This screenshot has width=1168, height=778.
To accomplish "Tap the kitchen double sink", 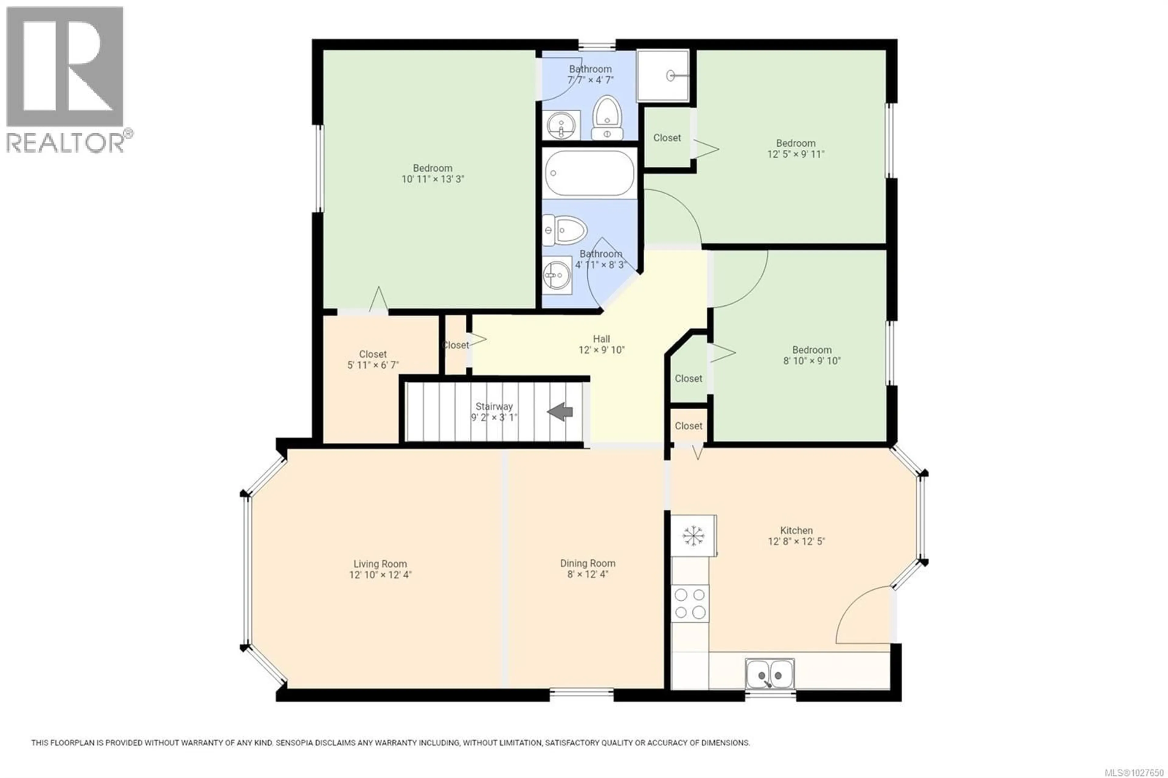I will (x=770, y=674).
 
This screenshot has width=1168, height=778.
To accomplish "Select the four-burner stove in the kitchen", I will (x=690, y=603).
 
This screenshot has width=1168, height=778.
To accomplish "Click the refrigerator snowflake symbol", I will (x=693, y=536).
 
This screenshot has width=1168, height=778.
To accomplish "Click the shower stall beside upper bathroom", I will (x=663, y=75).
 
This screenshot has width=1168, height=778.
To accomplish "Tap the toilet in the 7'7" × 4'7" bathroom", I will (x=607, y=118).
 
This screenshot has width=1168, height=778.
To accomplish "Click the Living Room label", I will (x=380, y=564).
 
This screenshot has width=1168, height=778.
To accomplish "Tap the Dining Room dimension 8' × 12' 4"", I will (x=587, y=575).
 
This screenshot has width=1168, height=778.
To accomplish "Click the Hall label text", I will (x=601, y=339).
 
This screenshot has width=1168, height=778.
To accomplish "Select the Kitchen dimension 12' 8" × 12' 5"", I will (x=796, y=541).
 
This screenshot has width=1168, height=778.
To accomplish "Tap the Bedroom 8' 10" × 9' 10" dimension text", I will (x=812, y=361).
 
